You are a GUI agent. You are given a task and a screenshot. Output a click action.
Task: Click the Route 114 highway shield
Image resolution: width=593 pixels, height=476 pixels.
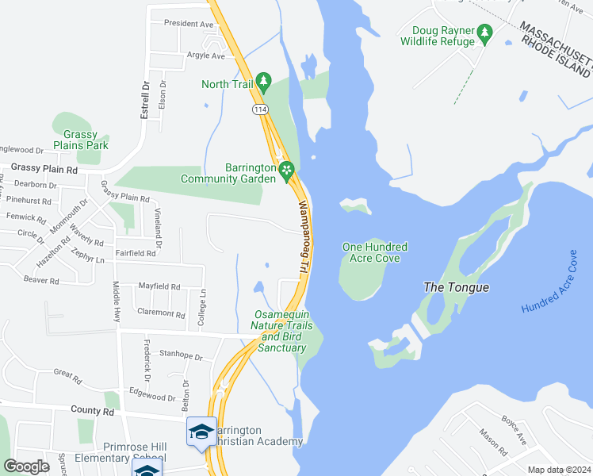(x=259, y=108)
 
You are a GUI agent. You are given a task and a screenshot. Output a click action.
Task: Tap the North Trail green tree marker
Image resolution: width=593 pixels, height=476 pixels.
(x=265, y=81)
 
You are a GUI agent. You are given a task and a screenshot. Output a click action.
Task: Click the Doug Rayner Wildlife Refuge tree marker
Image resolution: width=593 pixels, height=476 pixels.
(x=484, y=33)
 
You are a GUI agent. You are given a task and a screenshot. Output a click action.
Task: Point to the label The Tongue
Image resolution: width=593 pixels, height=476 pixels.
(x=456, y=287)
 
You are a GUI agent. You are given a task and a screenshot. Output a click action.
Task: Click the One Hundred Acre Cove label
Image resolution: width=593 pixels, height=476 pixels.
(x=370, y=252)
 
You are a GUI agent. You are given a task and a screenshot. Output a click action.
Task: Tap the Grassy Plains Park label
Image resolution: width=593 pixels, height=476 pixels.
(x=81, y=140)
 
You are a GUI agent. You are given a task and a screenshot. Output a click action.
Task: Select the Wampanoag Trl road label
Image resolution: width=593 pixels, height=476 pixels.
(x=302, y=237)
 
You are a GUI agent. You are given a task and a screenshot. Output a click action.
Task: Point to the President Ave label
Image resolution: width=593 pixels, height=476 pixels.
(x=189, y=24)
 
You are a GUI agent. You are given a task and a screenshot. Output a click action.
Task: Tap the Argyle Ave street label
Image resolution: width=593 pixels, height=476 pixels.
(x=206, y=56)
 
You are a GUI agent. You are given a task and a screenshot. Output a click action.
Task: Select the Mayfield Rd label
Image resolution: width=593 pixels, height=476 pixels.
(x=159, y=286)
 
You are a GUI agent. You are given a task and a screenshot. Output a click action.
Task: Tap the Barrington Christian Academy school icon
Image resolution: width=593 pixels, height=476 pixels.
(x=201, y=432)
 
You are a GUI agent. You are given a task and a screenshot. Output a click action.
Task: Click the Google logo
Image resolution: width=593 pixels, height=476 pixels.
(x=26, y=466)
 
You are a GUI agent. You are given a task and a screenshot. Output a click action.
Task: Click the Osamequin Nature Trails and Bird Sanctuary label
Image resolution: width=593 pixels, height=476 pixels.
(x=278, y=332)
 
